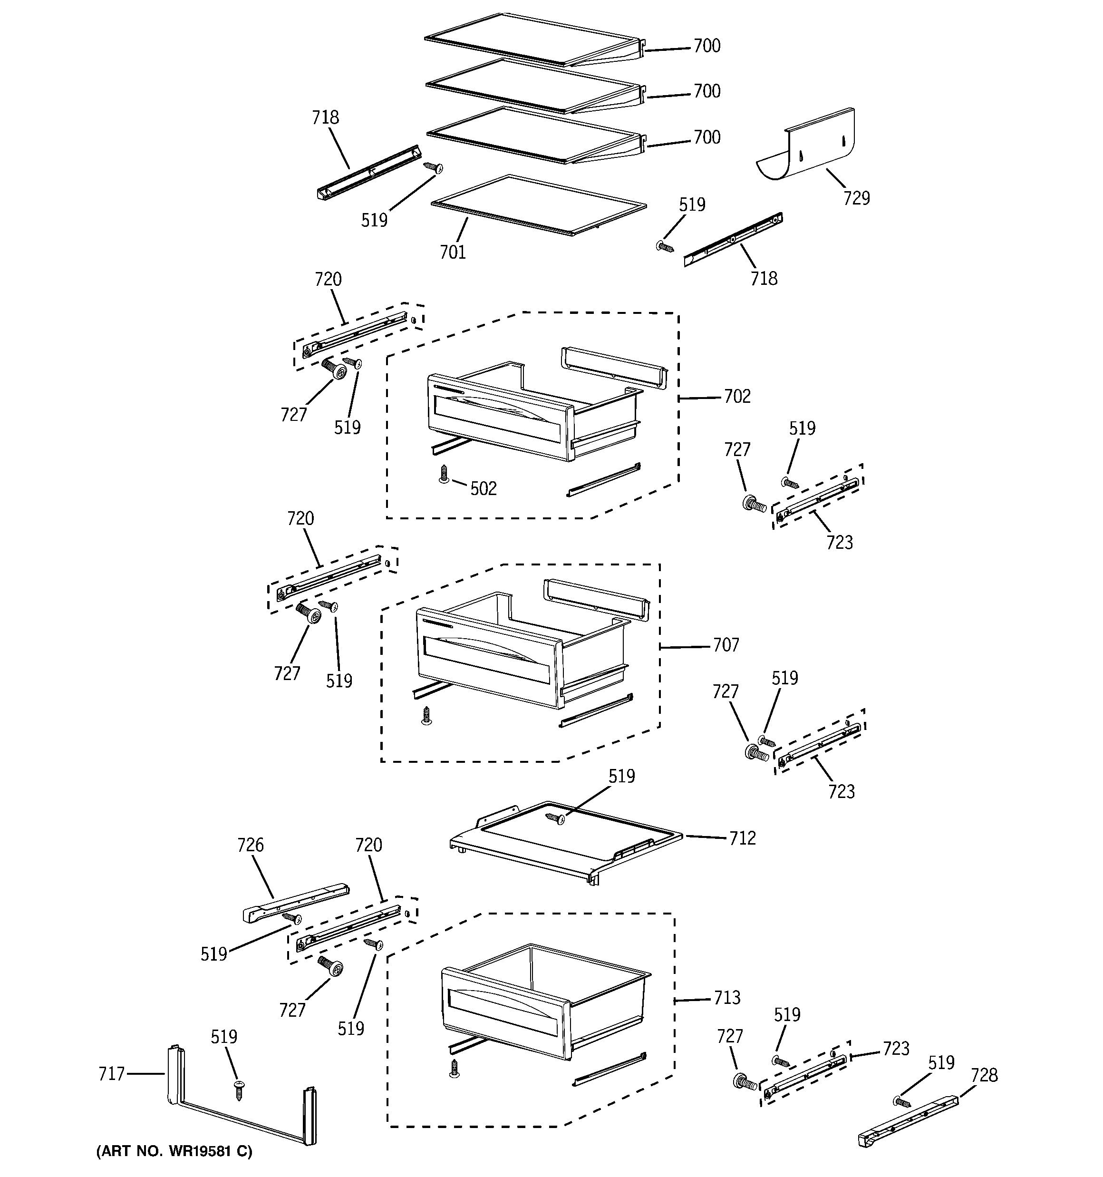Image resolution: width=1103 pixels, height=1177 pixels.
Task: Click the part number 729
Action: pos(856,198)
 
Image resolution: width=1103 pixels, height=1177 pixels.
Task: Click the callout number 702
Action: pos(737,396)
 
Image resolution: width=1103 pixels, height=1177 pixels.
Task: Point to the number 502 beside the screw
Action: pos(483,488)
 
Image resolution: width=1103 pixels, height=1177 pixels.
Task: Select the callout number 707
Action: pos(726,645)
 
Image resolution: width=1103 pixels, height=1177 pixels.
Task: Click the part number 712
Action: pos(743,838)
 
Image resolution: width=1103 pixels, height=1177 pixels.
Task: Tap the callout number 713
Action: pos(726,998)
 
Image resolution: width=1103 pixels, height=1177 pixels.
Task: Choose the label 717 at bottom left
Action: pos(111,1073)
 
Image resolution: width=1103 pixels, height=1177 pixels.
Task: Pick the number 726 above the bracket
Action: pos(250,845)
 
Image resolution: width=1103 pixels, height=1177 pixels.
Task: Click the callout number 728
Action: pos(984,1075)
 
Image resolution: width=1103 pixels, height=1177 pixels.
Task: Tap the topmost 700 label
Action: pos(707,46)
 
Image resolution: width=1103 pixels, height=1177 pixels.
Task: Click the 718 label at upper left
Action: pos(325,118)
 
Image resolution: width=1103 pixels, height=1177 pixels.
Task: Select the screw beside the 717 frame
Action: pos(240,1088)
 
